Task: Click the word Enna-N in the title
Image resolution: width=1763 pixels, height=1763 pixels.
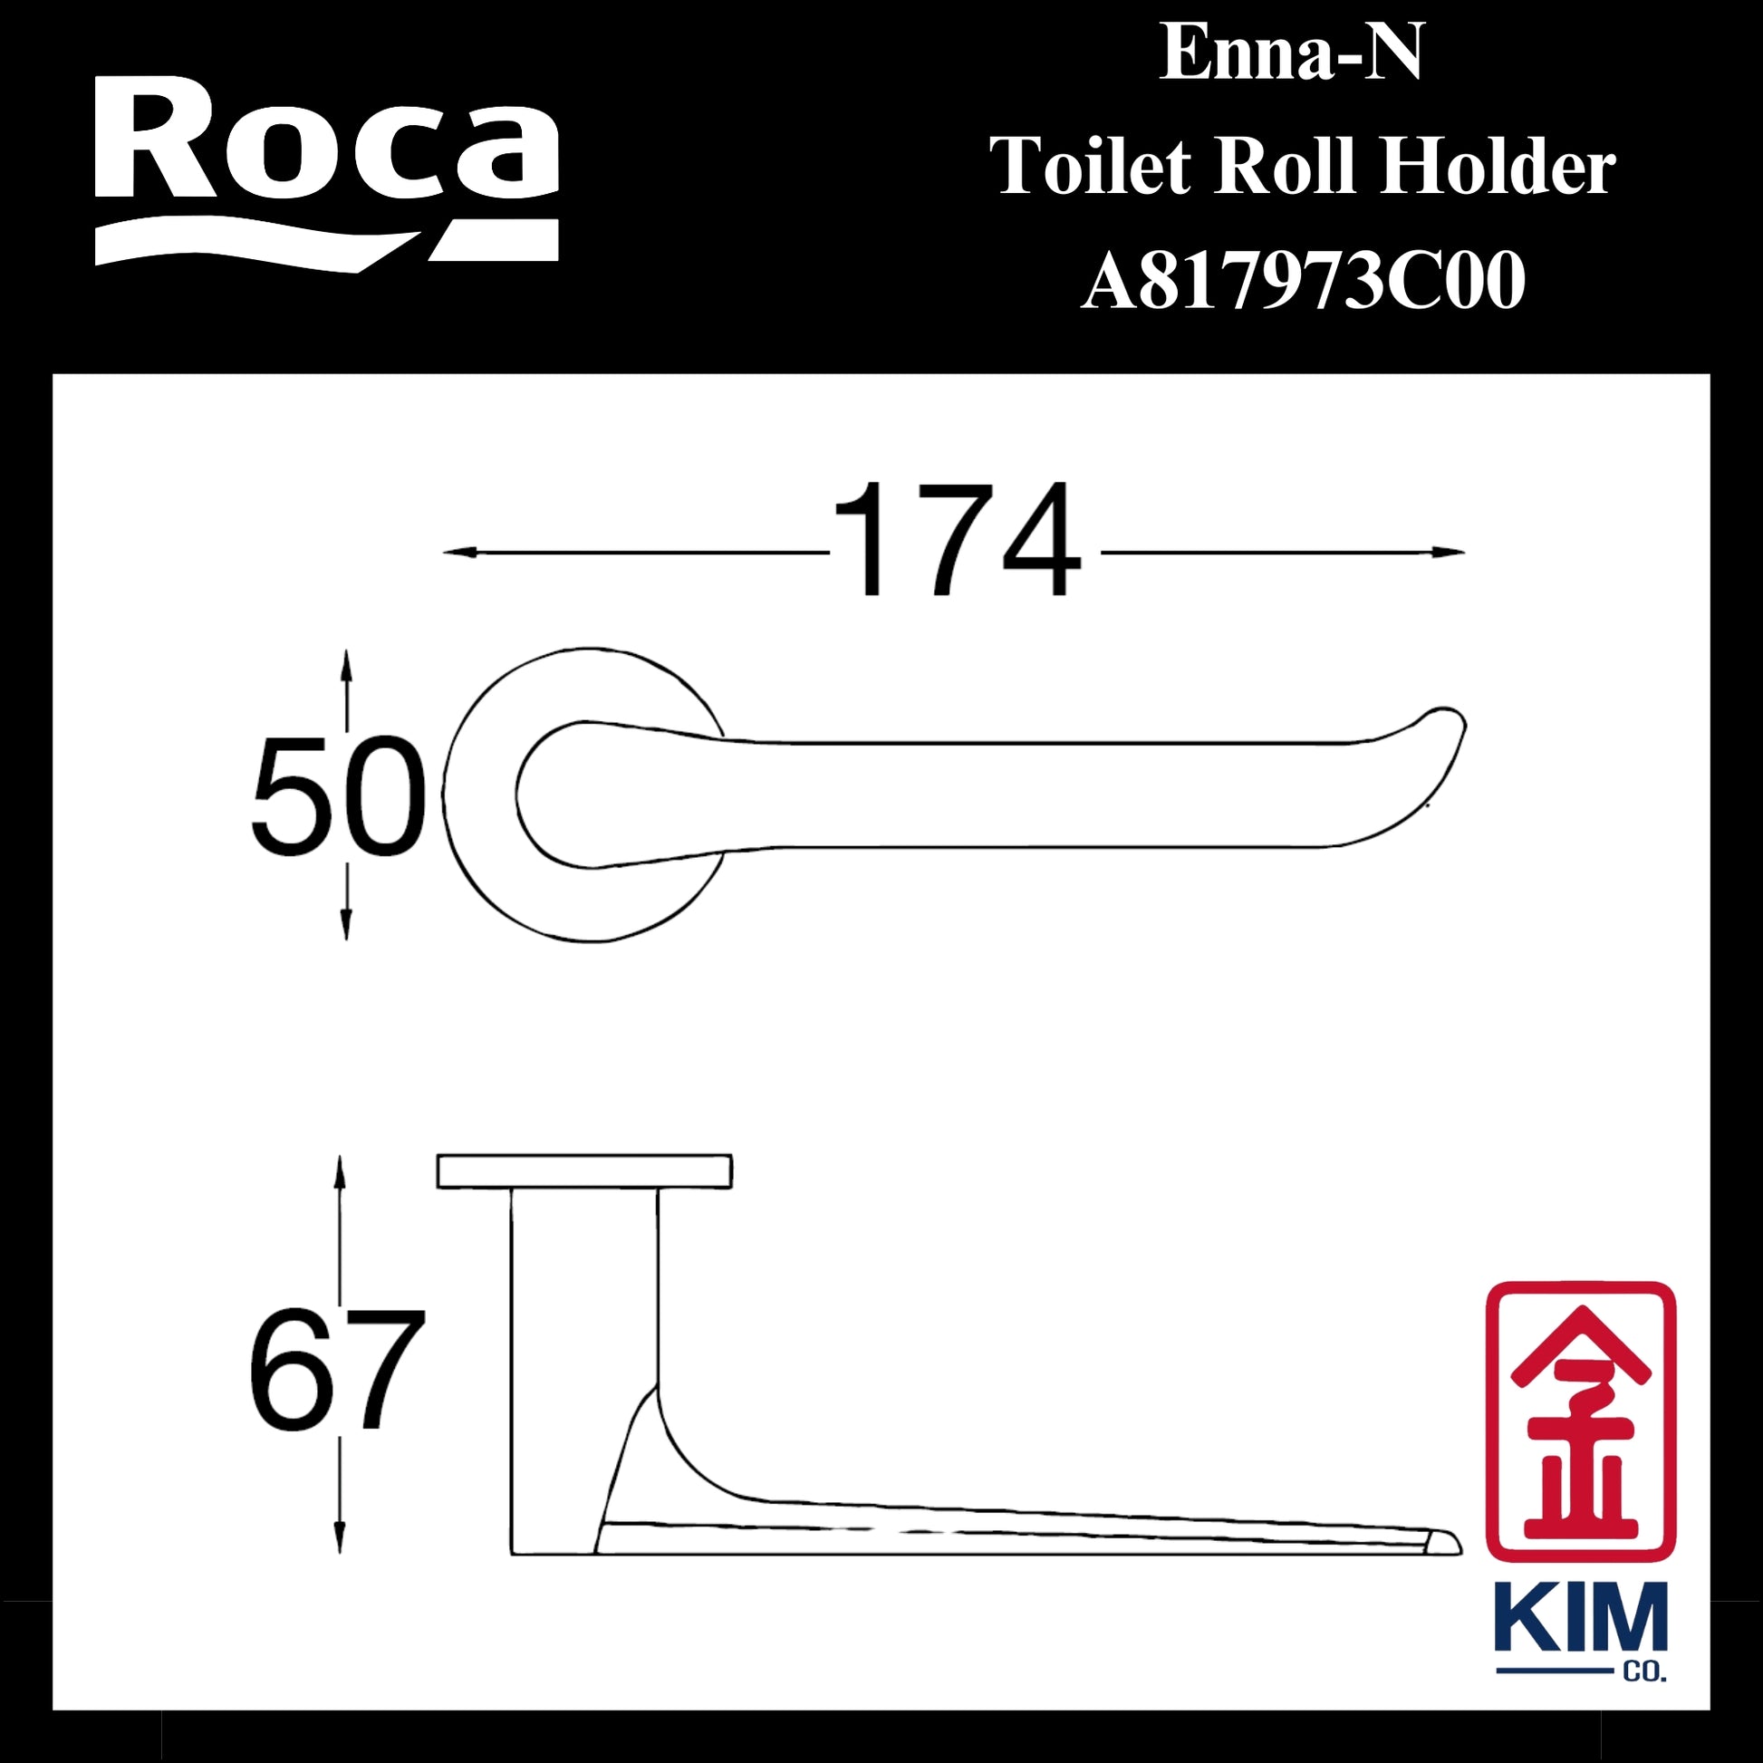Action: (1291, 54)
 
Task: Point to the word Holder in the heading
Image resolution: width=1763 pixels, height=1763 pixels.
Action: (1497, 168)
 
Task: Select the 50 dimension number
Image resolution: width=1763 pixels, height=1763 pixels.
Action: (339, 796)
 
